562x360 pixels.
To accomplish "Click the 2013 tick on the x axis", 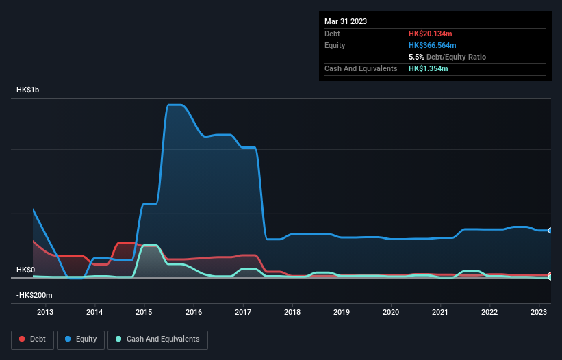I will point(45,312).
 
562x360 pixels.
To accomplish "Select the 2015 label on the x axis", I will point(144,312).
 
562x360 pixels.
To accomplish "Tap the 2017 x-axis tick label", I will point(243,312).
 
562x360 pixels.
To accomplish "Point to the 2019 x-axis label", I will point(342,312).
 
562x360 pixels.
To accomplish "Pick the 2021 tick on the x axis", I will point(440,312).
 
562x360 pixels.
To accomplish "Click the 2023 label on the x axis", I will point(539,312).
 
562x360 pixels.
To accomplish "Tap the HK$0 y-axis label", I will point(26,270).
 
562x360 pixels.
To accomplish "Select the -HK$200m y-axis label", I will point(34,295).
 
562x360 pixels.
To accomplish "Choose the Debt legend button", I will point(32,339).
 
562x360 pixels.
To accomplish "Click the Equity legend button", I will point(81,339).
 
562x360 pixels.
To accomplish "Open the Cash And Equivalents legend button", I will point(157,339).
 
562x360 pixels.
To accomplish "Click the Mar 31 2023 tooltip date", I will point(346,21).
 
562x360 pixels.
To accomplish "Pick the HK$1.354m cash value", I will point(429,68).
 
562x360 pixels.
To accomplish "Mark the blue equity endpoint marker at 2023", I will point(550,231).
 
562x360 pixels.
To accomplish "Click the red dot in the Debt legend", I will point(23,339).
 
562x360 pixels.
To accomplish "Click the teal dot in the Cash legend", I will point(118,339).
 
